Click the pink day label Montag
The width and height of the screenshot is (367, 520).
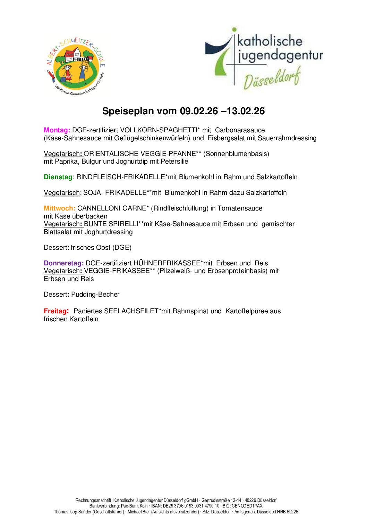tap(57, 130)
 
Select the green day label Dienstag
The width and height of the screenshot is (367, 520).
tap(58, 177)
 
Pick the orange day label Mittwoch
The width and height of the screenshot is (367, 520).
tap(59, 208)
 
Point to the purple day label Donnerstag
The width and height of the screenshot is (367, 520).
tap(63, 263)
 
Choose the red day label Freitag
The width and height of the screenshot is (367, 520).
tap(56, 311)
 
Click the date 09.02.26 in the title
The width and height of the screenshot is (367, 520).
tap(199, 111)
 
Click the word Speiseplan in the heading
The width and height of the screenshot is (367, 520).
tap(128, 111)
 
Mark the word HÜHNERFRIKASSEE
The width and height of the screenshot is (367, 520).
tap(167, 263)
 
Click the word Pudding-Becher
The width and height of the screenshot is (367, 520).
tap(95, 295)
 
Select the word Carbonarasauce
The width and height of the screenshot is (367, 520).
tap(240, 130)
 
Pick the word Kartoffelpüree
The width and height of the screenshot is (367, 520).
tap(247, 311)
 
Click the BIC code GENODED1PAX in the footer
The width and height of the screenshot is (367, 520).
tap(247, 506)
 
